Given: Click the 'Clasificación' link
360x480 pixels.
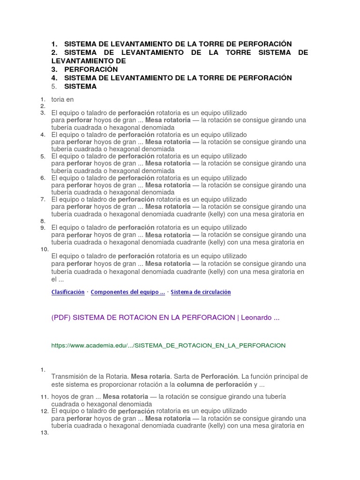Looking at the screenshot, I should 67,292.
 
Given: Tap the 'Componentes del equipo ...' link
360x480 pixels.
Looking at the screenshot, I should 127,292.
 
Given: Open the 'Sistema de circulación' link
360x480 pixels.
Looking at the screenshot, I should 201,292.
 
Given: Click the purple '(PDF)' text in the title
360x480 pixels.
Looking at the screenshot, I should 61,317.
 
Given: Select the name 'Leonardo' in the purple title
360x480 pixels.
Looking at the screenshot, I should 256,317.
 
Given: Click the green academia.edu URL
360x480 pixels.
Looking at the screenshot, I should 168,345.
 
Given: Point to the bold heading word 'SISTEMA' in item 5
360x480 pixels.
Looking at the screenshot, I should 80,86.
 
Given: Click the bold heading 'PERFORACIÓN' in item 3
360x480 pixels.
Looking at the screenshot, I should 91,69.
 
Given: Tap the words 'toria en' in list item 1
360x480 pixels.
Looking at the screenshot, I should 62,99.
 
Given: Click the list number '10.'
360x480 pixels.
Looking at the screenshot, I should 45,249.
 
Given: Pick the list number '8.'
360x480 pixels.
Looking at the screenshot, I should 43,221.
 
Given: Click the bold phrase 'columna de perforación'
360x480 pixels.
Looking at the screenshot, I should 215,384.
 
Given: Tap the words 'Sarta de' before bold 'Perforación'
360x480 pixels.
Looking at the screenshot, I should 187,376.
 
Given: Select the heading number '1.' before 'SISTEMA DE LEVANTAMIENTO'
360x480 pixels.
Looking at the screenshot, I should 55,44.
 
